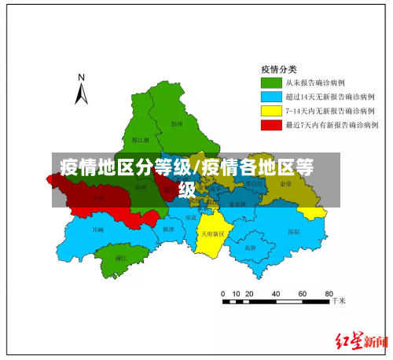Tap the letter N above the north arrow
click(x=81, y=77)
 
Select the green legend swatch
click(x=272, y=81)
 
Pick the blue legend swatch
click(x=272, y=96)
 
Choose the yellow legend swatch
click(x=272, y=111)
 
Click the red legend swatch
click(x=272, y=125)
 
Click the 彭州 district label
click(x=177, y=123)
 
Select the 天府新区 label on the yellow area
click(x=212, y=233)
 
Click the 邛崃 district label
click(x=97, y=230)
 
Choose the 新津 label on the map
click(x=167, y=229)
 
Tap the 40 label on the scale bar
click(x=277, y=293)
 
